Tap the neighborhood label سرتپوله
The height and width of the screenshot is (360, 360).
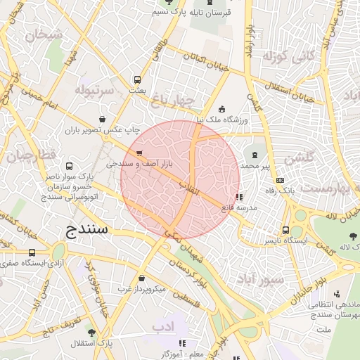click(95, 91)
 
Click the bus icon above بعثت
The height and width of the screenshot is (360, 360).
click(137, 79)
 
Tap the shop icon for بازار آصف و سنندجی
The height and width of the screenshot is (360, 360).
click(139, 153)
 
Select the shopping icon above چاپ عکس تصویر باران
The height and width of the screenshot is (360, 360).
click(104, 119)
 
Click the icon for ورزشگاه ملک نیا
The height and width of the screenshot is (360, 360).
click(222, 109)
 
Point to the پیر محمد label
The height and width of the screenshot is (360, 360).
click(256, 165)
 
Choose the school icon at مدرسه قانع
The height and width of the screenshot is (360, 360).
click(240, 198)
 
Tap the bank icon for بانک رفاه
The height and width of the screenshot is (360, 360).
click(281, 180)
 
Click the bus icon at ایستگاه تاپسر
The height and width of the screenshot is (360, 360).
click(285, 230)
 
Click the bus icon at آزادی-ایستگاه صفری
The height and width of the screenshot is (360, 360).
click(32, 252)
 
